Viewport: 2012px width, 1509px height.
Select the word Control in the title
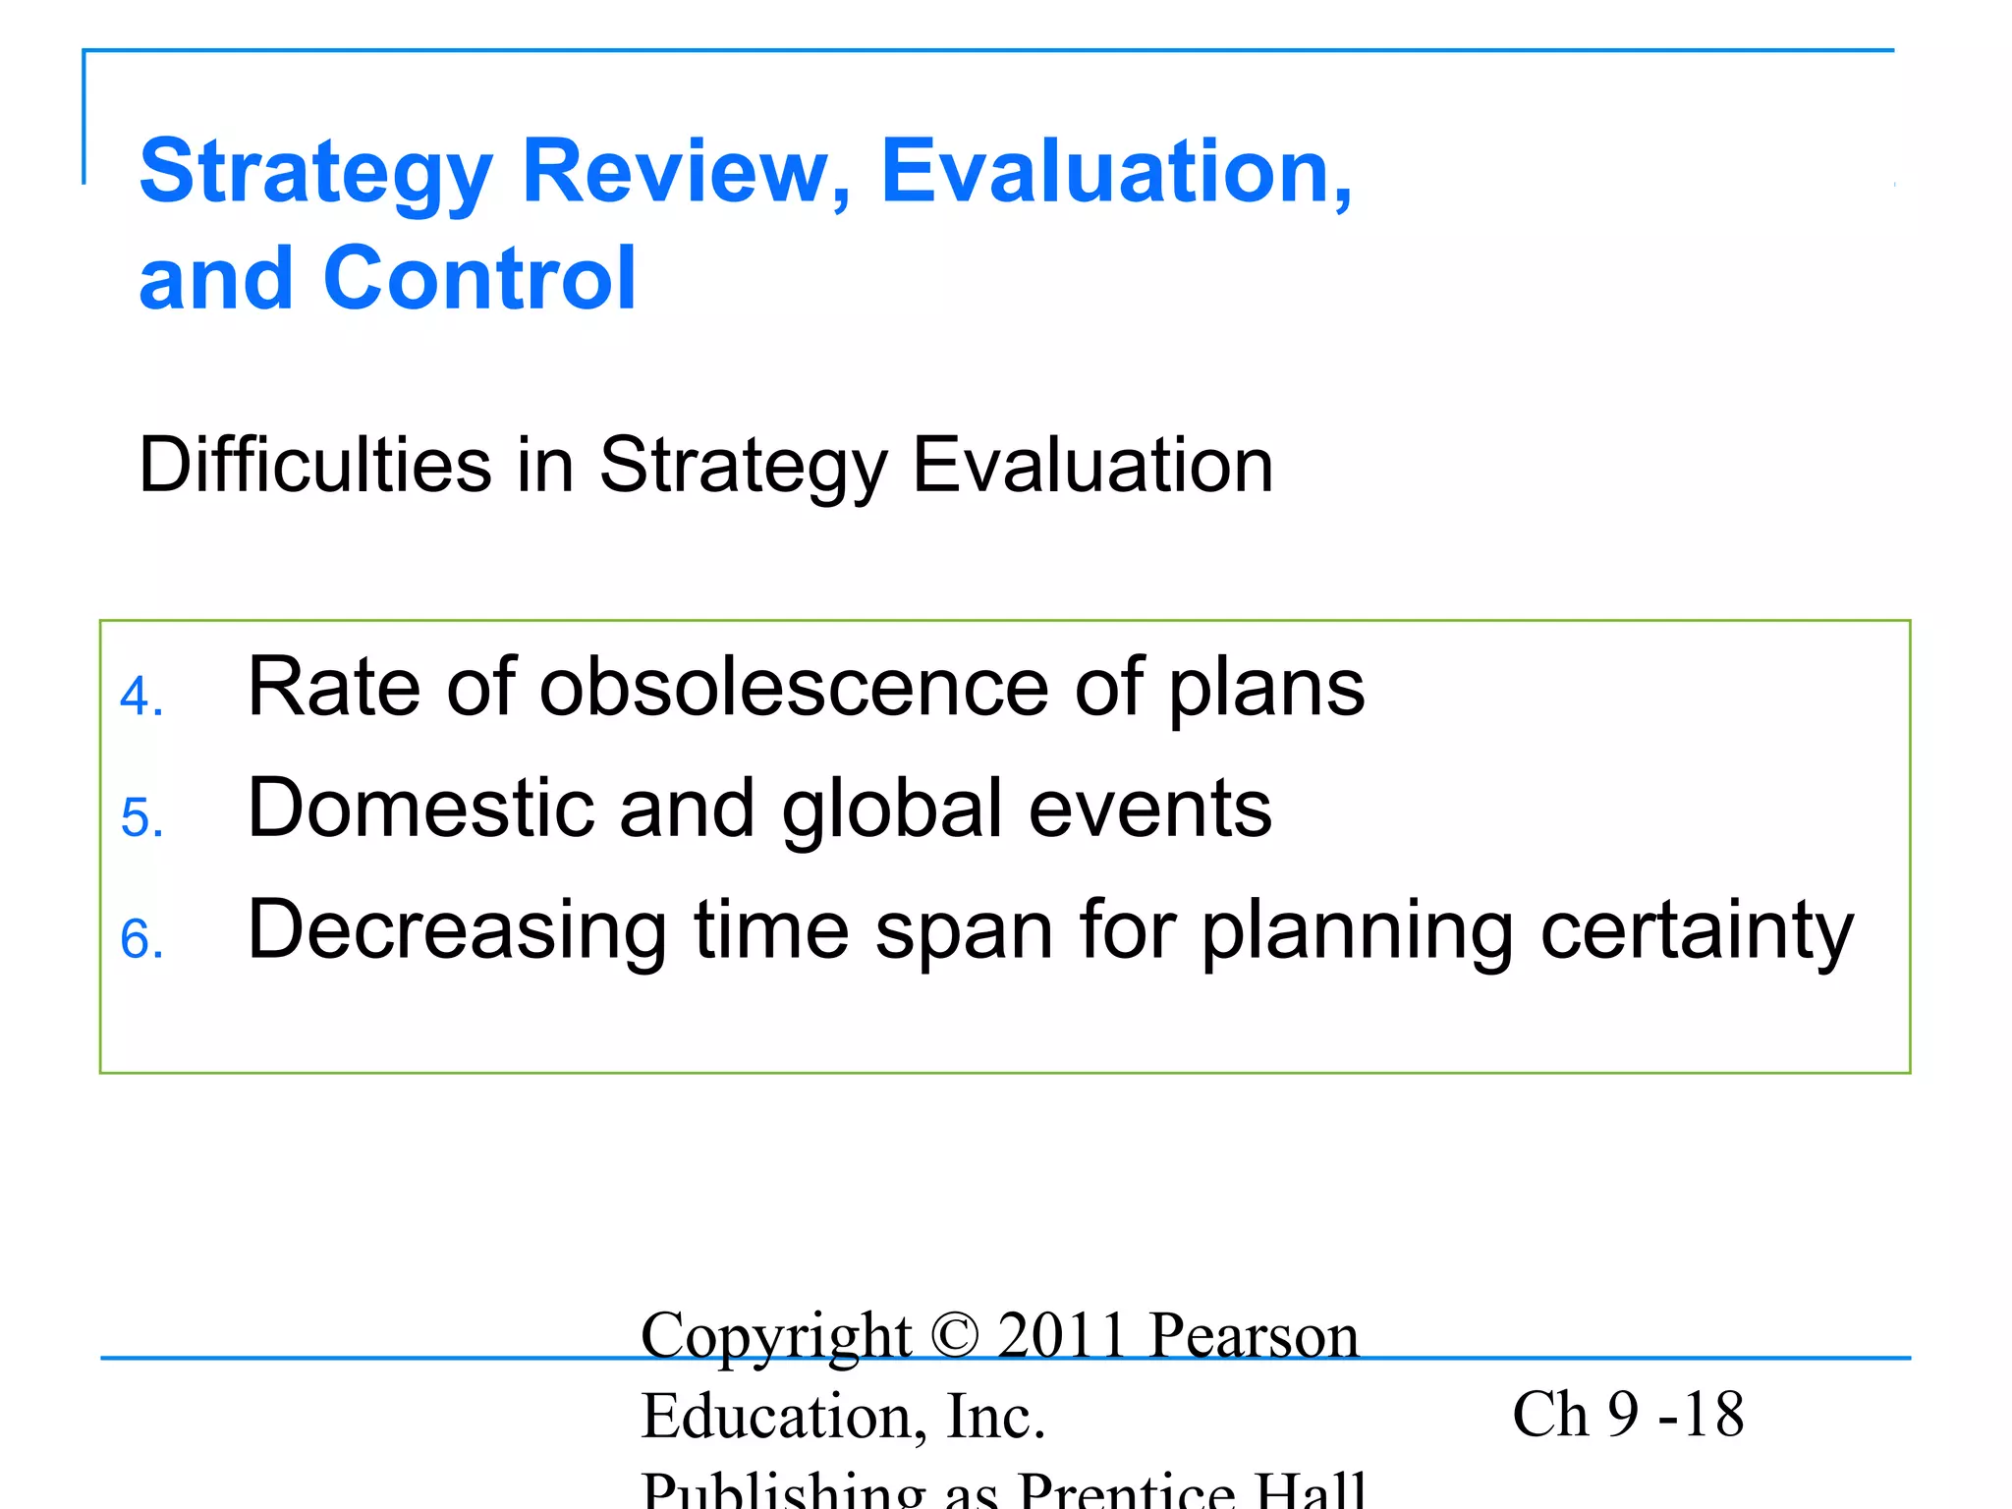click(479, 279)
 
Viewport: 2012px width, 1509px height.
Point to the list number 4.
click(140, 698)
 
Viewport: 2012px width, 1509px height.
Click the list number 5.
click(140, 818)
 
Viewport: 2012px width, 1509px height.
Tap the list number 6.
click(140, 939)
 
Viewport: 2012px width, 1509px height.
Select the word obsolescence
click(794, 688)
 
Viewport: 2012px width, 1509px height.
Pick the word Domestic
click(420, 809)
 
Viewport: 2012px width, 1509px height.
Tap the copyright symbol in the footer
click(954, 1336)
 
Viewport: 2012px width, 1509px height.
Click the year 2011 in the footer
click(1061, 1336)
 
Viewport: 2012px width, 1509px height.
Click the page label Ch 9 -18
click(1627, 1415)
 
